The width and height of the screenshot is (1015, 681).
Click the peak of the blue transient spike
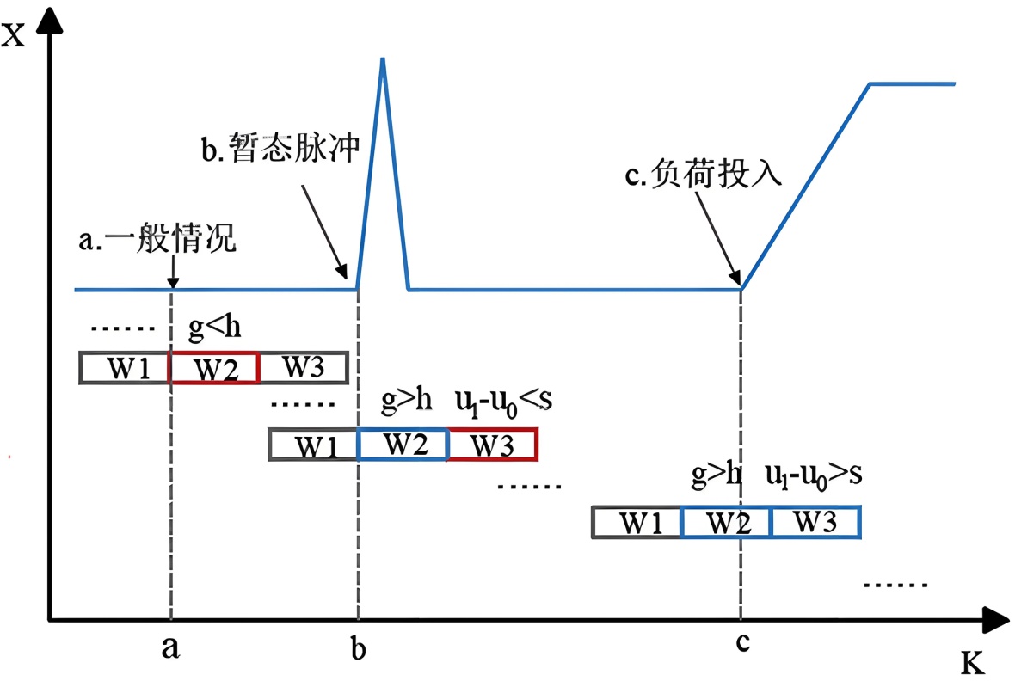(x=382, y=59)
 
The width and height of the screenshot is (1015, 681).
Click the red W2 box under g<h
(x=213, y=368)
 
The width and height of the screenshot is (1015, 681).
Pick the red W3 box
(x=492, y=445)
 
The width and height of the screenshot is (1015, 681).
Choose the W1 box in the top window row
(x=124, y=368)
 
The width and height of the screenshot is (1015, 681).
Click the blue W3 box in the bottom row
(x=815, y=522)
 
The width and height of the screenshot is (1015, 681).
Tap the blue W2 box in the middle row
(x=403, y=445)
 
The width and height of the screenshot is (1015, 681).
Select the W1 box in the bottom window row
(x=637, y=522)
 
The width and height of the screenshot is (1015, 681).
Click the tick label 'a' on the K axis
(x=170, y=647)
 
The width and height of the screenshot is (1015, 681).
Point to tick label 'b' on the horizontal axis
(x=358, y=647)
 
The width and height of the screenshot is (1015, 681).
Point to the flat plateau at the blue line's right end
(x=913, y=83)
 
